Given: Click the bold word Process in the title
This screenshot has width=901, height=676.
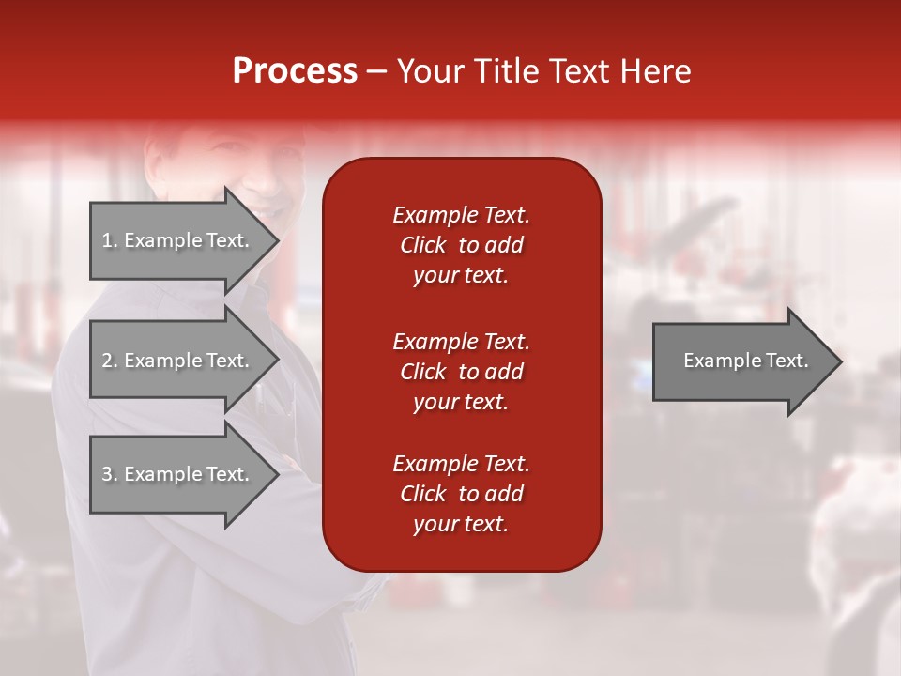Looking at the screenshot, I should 295,71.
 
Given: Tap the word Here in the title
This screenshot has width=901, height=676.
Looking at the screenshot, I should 656,71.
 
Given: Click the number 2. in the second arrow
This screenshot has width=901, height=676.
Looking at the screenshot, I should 109,361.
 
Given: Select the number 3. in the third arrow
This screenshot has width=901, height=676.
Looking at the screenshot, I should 109,474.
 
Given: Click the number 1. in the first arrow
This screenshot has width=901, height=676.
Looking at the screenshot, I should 109,240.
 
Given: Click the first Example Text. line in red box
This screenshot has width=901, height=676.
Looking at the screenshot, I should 461,215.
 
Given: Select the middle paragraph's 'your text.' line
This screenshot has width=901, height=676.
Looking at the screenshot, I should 461,402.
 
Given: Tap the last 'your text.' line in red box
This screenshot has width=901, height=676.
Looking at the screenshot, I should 461,525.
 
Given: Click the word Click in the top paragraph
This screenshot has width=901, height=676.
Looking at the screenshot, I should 422,245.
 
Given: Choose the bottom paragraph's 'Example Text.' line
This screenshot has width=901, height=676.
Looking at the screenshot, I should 461,464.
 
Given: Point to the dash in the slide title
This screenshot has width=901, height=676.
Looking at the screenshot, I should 376,72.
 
